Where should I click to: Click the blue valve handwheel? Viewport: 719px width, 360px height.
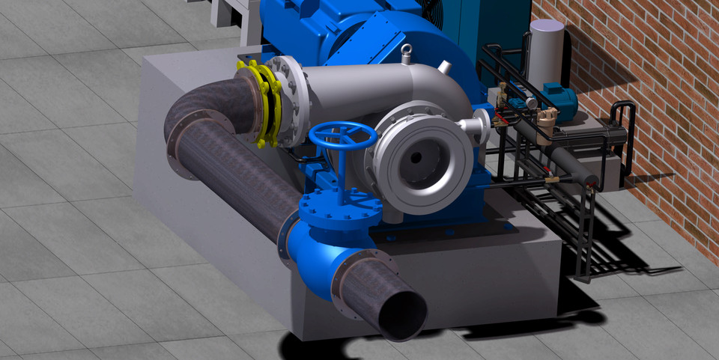point(343,137)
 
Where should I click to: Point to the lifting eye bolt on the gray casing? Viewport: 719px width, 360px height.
point(407,52)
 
